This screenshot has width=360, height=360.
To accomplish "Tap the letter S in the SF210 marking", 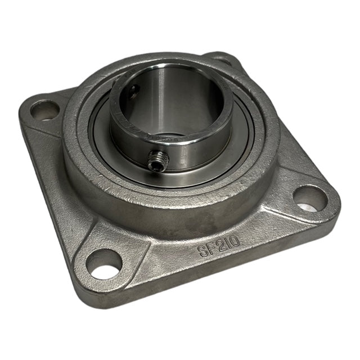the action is [204, 251].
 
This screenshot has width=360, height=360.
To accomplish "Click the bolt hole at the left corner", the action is [44, 111].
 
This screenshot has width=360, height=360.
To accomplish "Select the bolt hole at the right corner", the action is [310, 199].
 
